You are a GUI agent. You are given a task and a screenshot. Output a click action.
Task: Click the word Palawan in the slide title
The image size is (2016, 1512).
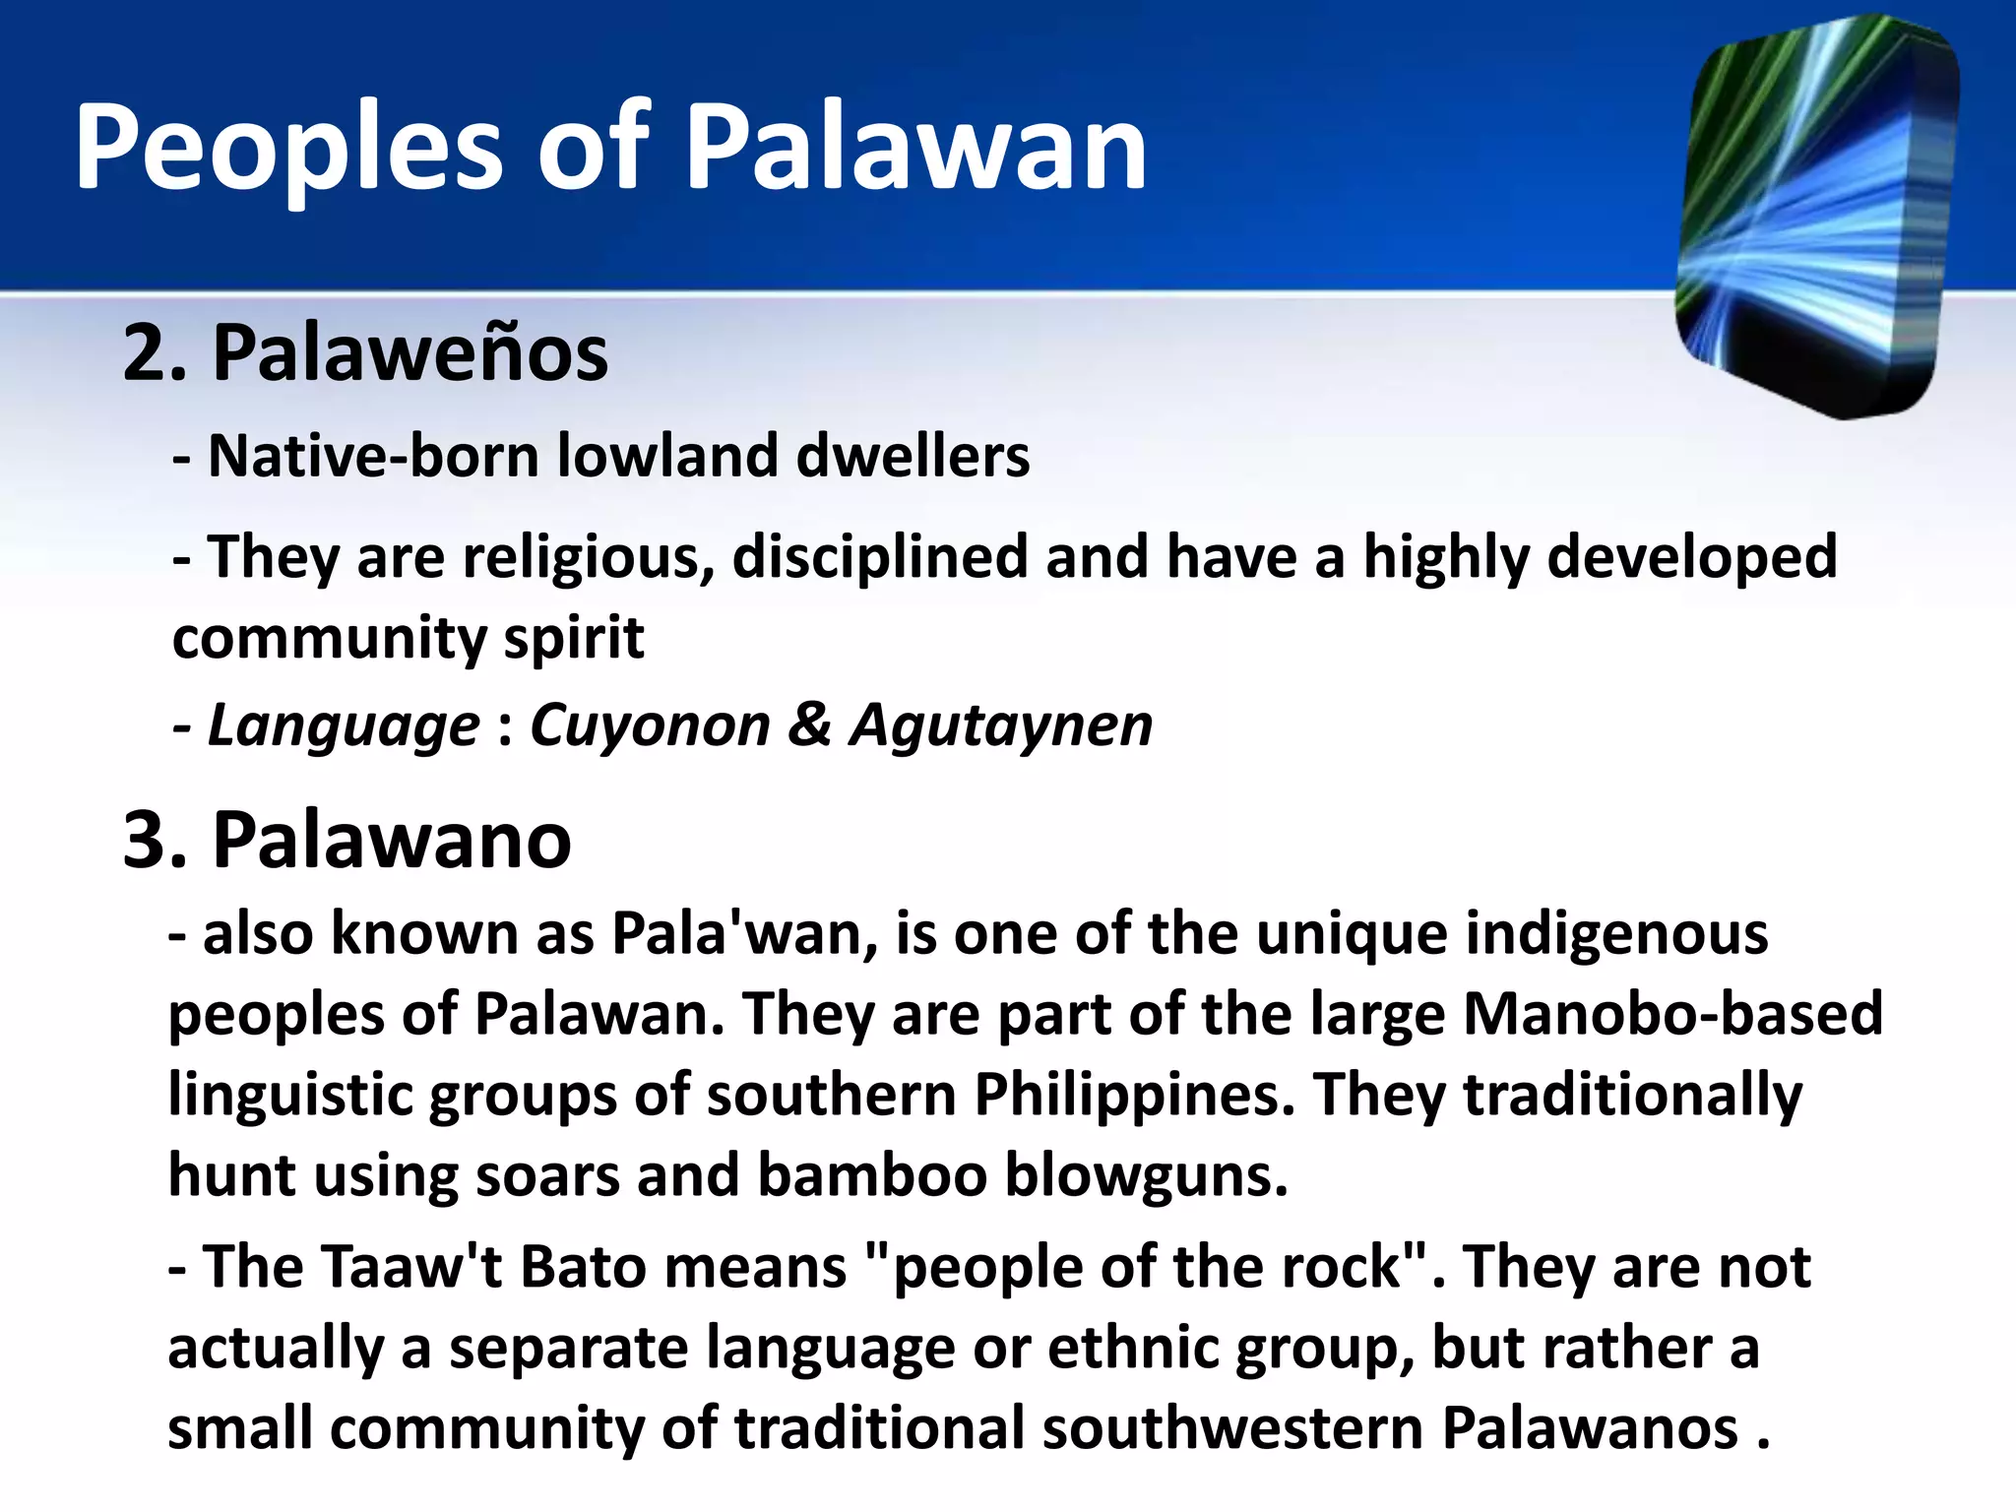coord(915,148)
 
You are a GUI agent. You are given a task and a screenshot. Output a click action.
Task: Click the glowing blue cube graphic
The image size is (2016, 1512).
coord(1816,217)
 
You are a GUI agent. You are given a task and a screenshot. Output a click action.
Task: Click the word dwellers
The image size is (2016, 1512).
coord(913,457)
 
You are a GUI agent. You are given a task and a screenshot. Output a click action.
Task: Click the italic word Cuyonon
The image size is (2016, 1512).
coord(650,726)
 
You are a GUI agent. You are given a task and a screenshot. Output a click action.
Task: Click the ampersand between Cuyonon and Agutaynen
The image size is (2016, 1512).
coord(809,726)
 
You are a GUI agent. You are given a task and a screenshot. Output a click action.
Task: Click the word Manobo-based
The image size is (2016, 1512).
coord(1672,1014)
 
